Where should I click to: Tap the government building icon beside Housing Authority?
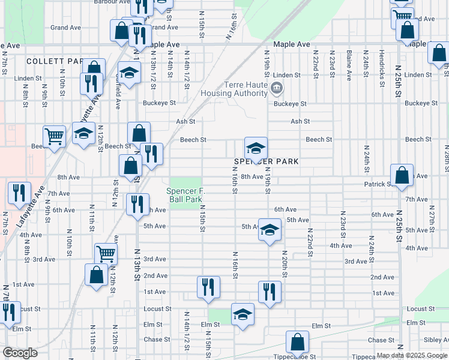click(x=276, y=89)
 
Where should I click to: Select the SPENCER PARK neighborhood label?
click(x=262, y=162)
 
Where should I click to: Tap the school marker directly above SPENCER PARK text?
click(x=256, y=148)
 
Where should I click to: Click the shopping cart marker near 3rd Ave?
click(x=106, y=254)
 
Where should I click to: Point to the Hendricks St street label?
click(x=382, y=68)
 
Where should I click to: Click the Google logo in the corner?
click(x=20, y=353)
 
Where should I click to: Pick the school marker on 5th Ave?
click(x=270, y=230)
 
